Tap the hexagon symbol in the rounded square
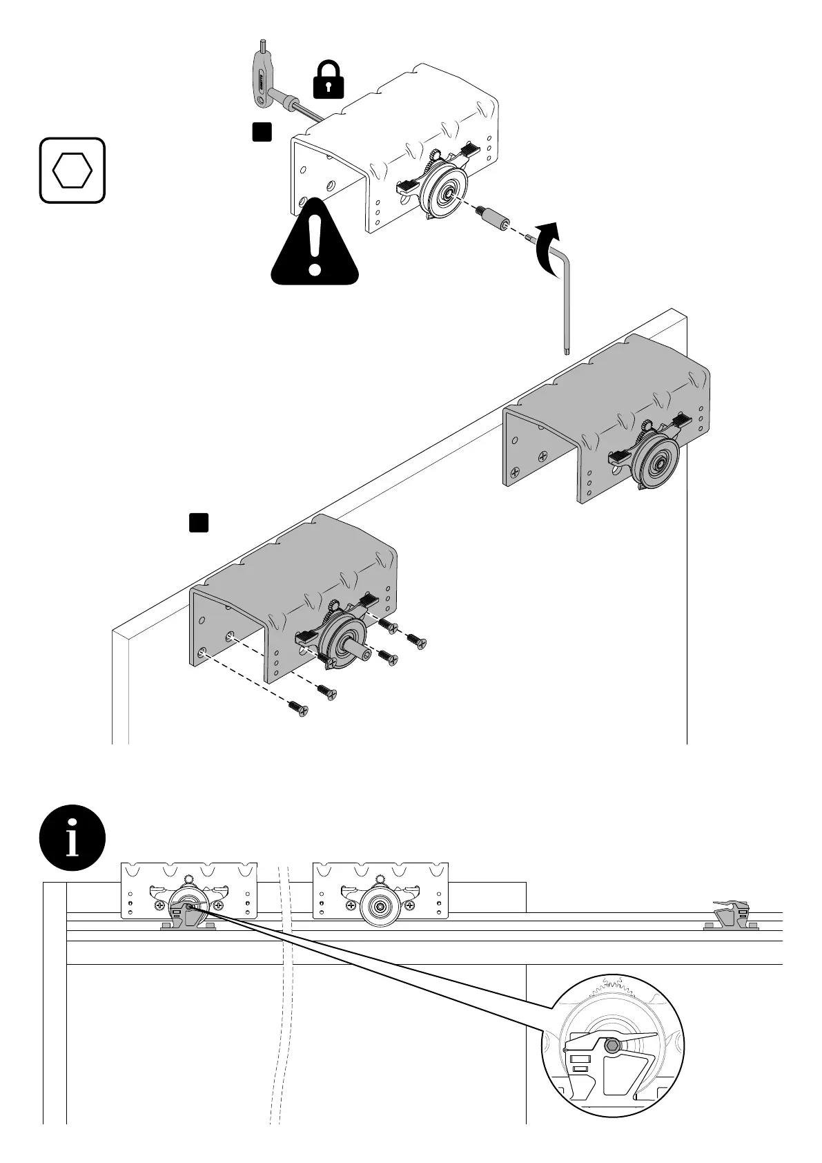(x=72, y=171)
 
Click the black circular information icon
(x=72, y=838)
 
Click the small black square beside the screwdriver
(x=261, y=132)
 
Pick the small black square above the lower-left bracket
(x=199, y=523)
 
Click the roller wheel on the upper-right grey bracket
(x=655, y=462)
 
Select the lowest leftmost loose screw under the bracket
(x=299, y=707)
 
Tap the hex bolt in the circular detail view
(x=610, y=1046)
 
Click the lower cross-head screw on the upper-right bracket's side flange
(x=515, y=474)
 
